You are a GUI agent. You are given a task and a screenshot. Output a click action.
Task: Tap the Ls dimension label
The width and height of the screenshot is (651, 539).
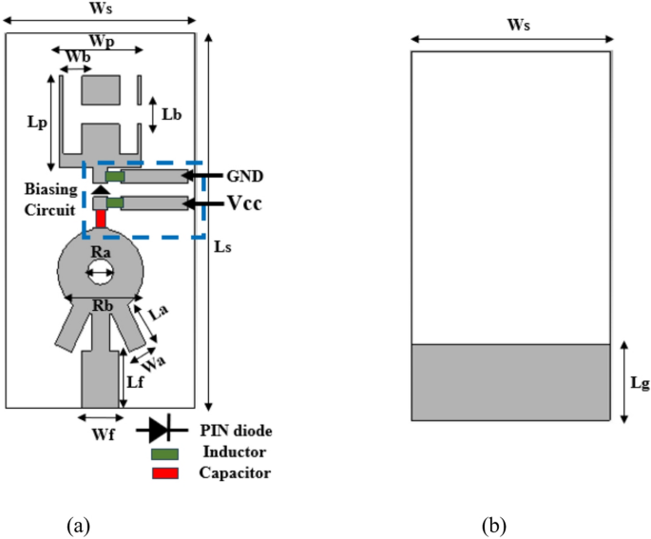pyautogui.click(x=222, y=245)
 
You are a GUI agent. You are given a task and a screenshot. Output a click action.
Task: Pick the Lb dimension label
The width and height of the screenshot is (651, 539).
pyautogui.click(x=172, y=115)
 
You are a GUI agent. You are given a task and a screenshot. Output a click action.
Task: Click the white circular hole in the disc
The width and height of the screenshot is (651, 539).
pyautogui.click(x=99, y=275)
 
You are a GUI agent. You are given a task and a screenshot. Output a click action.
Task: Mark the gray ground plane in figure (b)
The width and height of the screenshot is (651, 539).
pyautogui.click(x=509, y=382)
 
